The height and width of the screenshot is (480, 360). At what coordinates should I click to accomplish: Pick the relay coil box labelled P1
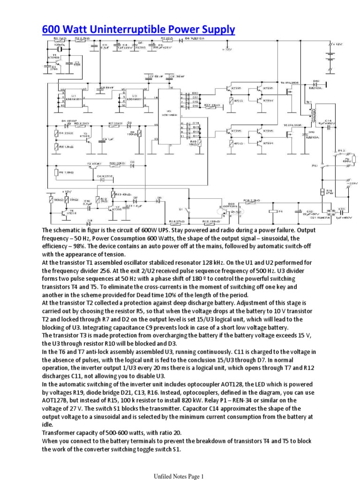tap(274, 211)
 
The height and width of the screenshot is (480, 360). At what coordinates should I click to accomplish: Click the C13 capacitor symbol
tap(342, 211)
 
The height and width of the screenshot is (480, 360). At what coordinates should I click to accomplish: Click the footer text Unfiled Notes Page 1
tap(180, 476)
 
